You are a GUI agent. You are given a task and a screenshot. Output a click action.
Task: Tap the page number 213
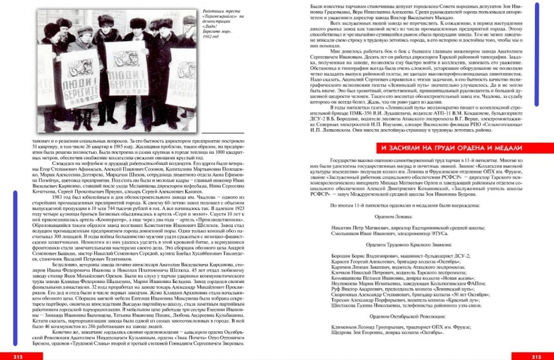coord(536,356)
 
